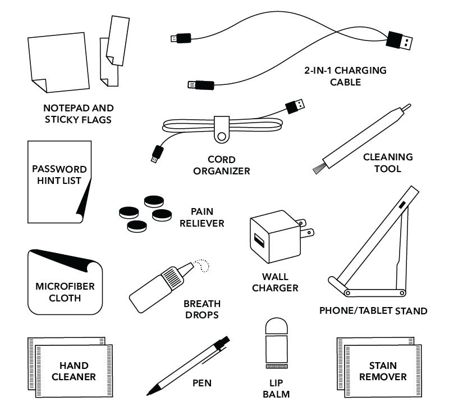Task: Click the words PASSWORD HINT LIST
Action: click(x=59, y=175)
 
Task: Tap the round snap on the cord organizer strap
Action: click(x=223, y=136)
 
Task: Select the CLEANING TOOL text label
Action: click(x=387, y=163)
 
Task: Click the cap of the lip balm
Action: click(x=276, y=328)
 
